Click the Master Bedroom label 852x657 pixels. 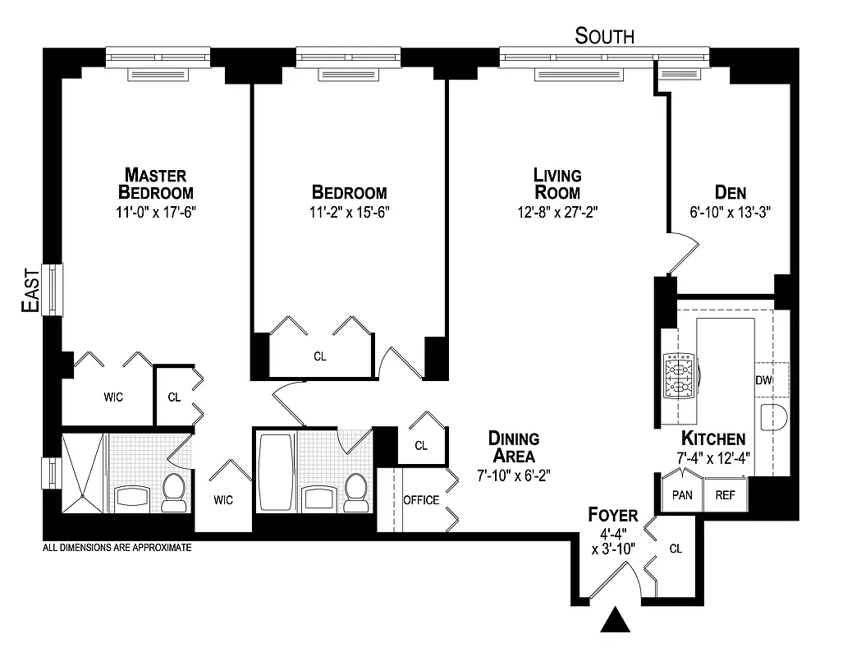[156, 184]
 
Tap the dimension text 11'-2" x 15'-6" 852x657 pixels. [349, 211]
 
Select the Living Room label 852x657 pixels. [557, 184]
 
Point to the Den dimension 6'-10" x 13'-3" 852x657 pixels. [731, 211]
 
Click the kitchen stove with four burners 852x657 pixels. [680, 375]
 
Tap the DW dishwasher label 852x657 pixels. [763, 380]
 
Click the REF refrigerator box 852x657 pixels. [725, 495]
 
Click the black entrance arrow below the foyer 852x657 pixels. [616, 620]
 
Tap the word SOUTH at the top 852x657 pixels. [604, 36]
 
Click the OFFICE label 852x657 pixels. [420, 500]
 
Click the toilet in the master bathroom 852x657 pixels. [174, 491]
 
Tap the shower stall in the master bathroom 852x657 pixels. [83, 472]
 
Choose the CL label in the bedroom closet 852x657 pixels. [319, 357]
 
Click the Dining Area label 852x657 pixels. [513, 447]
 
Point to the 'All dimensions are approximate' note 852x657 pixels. [117, 547]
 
